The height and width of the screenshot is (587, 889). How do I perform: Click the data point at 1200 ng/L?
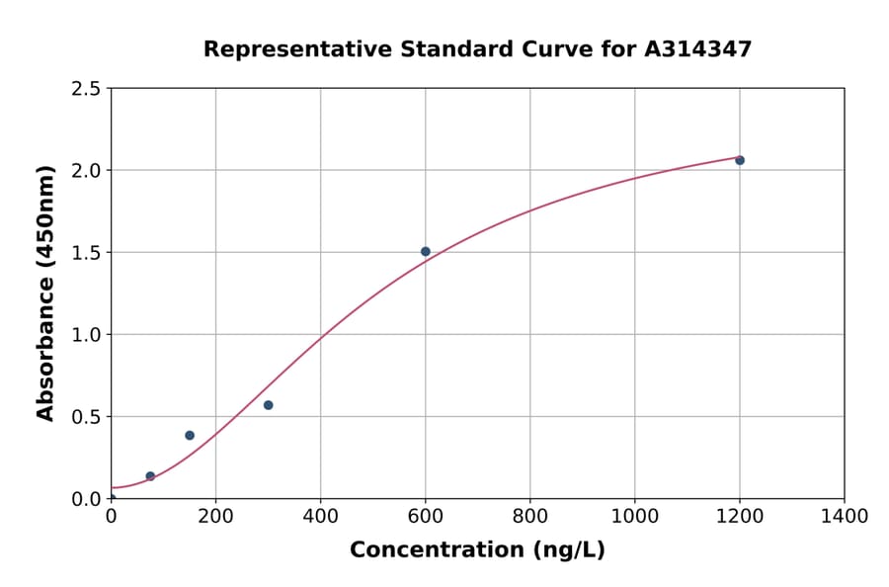pos(740,160)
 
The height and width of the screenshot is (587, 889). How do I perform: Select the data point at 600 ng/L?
pos(426,252)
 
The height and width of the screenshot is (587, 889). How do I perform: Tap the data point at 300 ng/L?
pos(268,405)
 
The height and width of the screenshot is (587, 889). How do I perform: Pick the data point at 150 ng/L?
pos(190,435)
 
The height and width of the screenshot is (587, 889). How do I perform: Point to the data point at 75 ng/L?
pos(150,476)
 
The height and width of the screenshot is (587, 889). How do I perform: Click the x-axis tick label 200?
pos(215,517)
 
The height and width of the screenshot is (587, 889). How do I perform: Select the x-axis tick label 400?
pos(320,517)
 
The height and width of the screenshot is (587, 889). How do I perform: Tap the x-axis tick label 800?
pos(530,517)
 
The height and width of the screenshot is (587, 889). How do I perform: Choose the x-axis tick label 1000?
pos(635,517)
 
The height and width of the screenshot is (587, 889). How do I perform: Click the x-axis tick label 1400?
pos(845,517)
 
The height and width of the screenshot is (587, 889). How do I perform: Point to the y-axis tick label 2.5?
pos(86,89)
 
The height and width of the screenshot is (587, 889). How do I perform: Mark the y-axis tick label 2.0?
pos(86,171)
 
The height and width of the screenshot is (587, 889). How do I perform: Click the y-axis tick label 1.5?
pos(86,253)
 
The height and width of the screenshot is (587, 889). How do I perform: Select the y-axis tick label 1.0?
pos(86,335)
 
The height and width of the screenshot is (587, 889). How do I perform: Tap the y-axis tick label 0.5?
pos(86,417)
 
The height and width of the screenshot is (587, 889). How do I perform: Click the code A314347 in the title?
pos(697,49)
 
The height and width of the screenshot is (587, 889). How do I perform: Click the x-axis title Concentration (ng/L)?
pos(477,550)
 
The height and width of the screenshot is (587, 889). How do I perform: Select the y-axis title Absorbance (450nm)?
pos(45,293)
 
